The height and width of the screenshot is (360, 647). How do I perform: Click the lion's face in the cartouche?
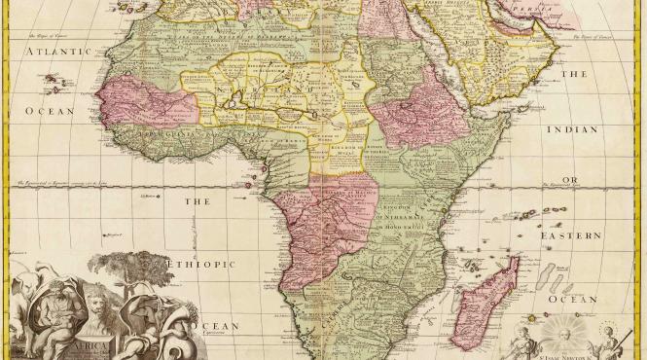pos(99,306)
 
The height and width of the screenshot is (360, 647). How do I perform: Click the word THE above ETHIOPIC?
pos(198,201)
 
